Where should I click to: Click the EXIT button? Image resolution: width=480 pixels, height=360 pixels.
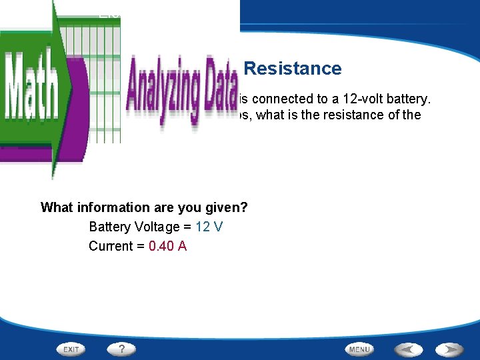[x=71, y=349]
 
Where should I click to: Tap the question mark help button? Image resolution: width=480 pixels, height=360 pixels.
[x=121, y=349]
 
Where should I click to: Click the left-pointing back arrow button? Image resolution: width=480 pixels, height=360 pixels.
[x=407, y=349]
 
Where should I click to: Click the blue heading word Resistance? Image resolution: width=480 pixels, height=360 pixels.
[x=293, y=69]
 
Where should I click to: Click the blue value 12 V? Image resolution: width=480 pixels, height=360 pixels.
[x=209, y=227]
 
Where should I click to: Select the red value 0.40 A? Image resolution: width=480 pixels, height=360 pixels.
[x=167, y=246]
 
